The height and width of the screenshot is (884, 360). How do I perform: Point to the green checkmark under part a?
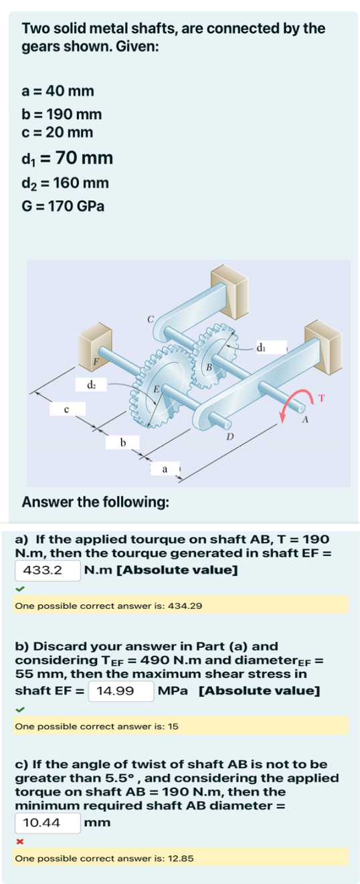point(20,589)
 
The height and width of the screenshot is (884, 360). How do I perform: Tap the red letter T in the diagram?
point(321,399)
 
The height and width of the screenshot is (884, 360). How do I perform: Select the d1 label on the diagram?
point(262,347)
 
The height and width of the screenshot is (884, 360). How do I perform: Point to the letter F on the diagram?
point(96,361)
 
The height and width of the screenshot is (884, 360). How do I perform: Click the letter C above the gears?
point(151,318)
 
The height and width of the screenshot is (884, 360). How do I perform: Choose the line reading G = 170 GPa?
point(64,205)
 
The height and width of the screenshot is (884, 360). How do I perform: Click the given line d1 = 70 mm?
point(68,158)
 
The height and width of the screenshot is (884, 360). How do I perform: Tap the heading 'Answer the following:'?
point(95,501)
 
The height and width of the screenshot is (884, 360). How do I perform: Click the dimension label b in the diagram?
point(122,442)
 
